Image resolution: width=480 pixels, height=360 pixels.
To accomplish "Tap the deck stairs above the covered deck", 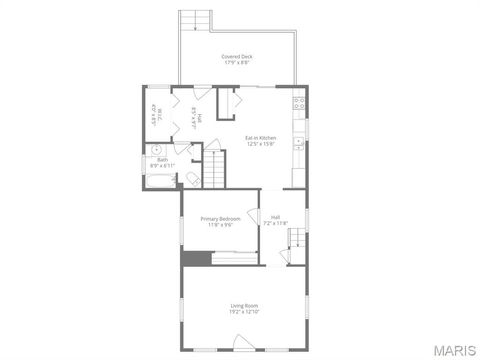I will [x=196, y=21].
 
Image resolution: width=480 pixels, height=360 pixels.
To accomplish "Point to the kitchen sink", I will [x=297, y=143].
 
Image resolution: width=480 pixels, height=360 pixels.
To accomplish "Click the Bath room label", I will [x=162, y=160].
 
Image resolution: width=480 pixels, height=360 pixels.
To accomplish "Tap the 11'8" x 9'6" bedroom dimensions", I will [x=220, y=225].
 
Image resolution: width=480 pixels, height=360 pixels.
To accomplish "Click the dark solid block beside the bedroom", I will [x=195, y=258].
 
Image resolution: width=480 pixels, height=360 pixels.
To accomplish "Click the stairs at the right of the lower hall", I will [x=297, y=237].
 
